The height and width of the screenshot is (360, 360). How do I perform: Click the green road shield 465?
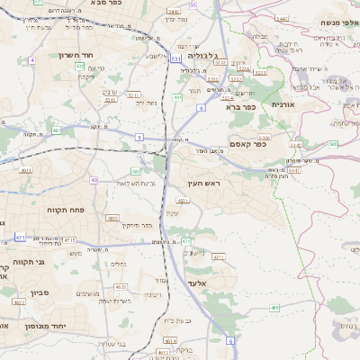[274, 308]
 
